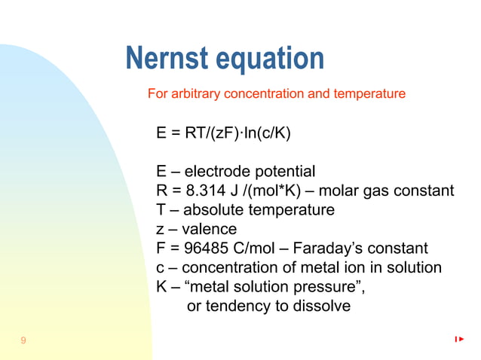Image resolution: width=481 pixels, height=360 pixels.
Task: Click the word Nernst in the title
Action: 168,59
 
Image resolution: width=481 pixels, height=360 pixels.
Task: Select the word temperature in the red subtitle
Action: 371,94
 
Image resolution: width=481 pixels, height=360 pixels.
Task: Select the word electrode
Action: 216,171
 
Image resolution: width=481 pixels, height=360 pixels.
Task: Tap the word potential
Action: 283,171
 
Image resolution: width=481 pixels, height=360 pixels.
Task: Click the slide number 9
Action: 23,341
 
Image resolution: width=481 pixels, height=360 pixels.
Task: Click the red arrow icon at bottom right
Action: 459,340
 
